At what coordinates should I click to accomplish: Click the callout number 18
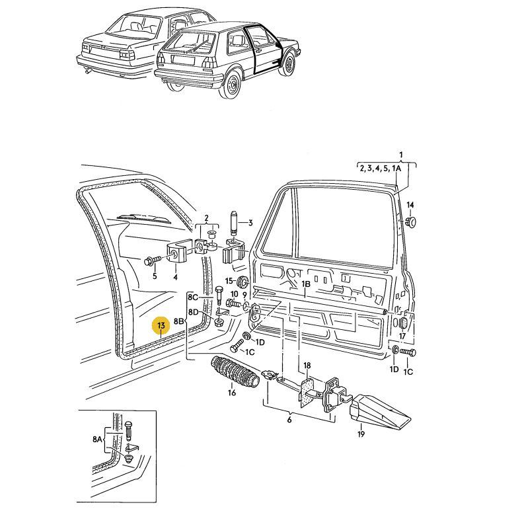tap(307, 366)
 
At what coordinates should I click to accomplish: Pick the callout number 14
tap(410, 204)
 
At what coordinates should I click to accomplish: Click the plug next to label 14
tap(411, 221)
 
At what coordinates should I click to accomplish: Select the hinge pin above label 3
tap(234, 221)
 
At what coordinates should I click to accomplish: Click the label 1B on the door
tap(306, 284)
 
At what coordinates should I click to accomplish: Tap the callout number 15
tap(229, 281)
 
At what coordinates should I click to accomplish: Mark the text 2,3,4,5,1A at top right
tap(380, 169)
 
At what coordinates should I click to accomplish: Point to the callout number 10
tap(234, 294)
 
